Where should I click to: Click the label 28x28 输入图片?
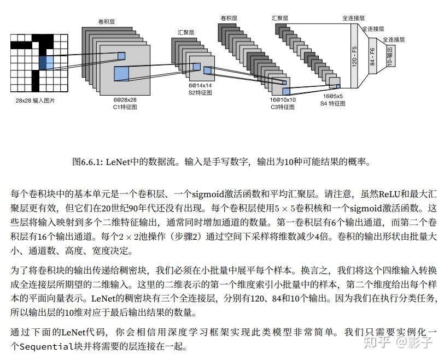point(35,101)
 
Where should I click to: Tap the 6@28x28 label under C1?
point(125,100)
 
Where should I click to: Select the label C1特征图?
point(125,107)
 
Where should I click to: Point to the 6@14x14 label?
point(200,85)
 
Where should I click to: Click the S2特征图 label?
point(200,92)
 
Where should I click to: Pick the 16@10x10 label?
point(283,100)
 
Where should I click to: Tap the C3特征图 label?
point(283,107)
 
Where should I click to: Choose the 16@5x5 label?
point(332,96)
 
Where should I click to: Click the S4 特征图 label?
point(332,103)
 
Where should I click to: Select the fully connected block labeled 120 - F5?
point(354,56)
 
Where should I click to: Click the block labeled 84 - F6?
point(372,56)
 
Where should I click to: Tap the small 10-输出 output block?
point(390,56)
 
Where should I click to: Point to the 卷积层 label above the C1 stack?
point(107,21)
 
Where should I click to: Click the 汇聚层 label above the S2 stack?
point(186,33)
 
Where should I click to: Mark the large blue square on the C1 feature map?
point(121,74)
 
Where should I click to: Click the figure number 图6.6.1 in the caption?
point(87,162)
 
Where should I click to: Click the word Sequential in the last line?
point(46,346)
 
